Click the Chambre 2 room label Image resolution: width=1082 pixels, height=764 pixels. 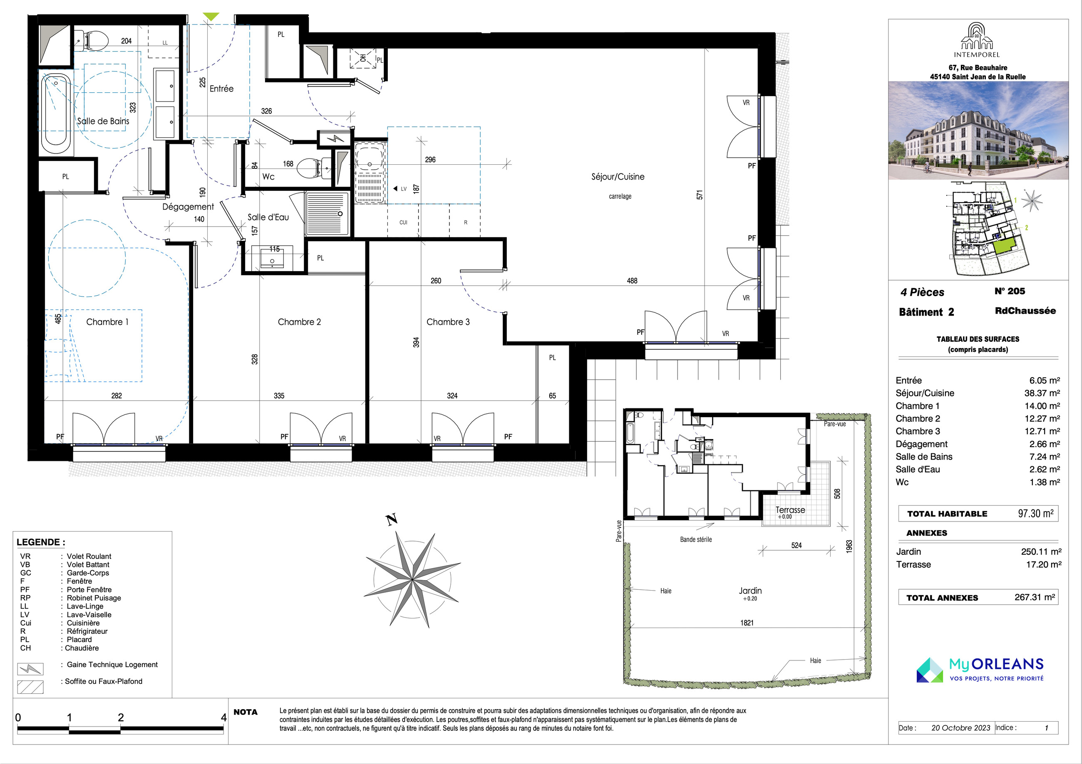(x=299, y=322)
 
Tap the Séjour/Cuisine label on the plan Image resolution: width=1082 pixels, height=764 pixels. (x=618, y=177)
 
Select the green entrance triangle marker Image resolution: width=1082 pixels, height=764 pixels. (x=211, y=17)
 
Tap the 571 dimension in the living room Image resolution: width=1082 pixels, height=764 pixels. (x=700, y=195)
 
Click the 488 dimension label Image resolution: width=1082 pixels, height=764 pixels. (x=632, y=281)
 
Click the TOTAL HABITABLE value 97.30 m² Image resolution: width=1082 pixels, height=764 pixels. (x=1035, y=513)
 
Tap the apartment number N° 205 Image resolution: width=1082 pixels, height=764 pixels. (x=1010, y=291)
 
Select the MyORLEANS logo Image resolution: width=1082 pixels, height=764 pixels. (x=980, y=670)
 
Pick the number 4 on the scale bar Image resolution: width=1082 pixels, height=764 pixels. (x=223, y=717)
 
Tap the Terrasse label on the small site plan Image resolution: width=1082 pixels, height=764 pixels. (x=790, y=509)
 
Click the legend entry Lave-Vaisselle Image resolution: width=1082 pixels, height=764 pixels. (x=89, y=615)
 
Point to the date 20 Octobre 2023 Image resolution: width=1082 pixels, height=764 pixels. (x=960, y=728)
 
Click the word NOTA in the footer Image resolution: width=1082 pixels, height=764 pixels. (x=246, y=712)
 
